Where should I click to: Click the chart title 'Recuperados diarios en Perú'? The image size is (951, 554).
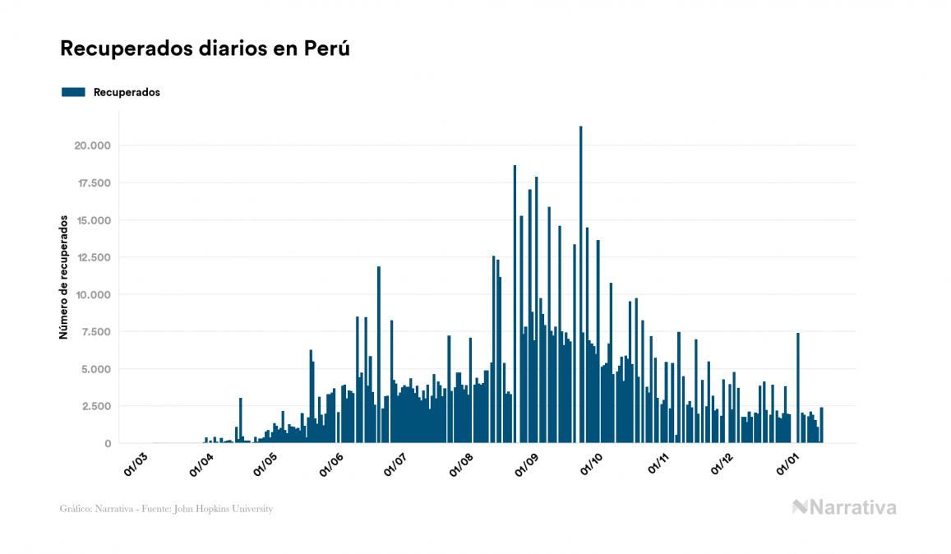pos(205,48)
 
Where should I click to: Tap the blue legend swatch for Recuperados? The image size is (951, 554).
pos(73,92)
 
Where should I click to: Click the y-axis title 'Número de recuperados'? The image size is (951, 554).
pos(62,277)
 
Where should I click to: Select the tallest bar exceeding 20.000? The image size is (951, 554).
pos(581,284)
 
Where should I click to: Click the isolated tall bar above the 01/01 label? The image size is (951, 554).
pos(798,387)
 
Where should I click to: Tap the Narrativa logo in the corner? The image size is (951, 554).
pos(844,507)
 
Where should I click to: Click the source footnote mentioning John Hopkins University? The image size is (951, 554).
pos(166,509)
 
